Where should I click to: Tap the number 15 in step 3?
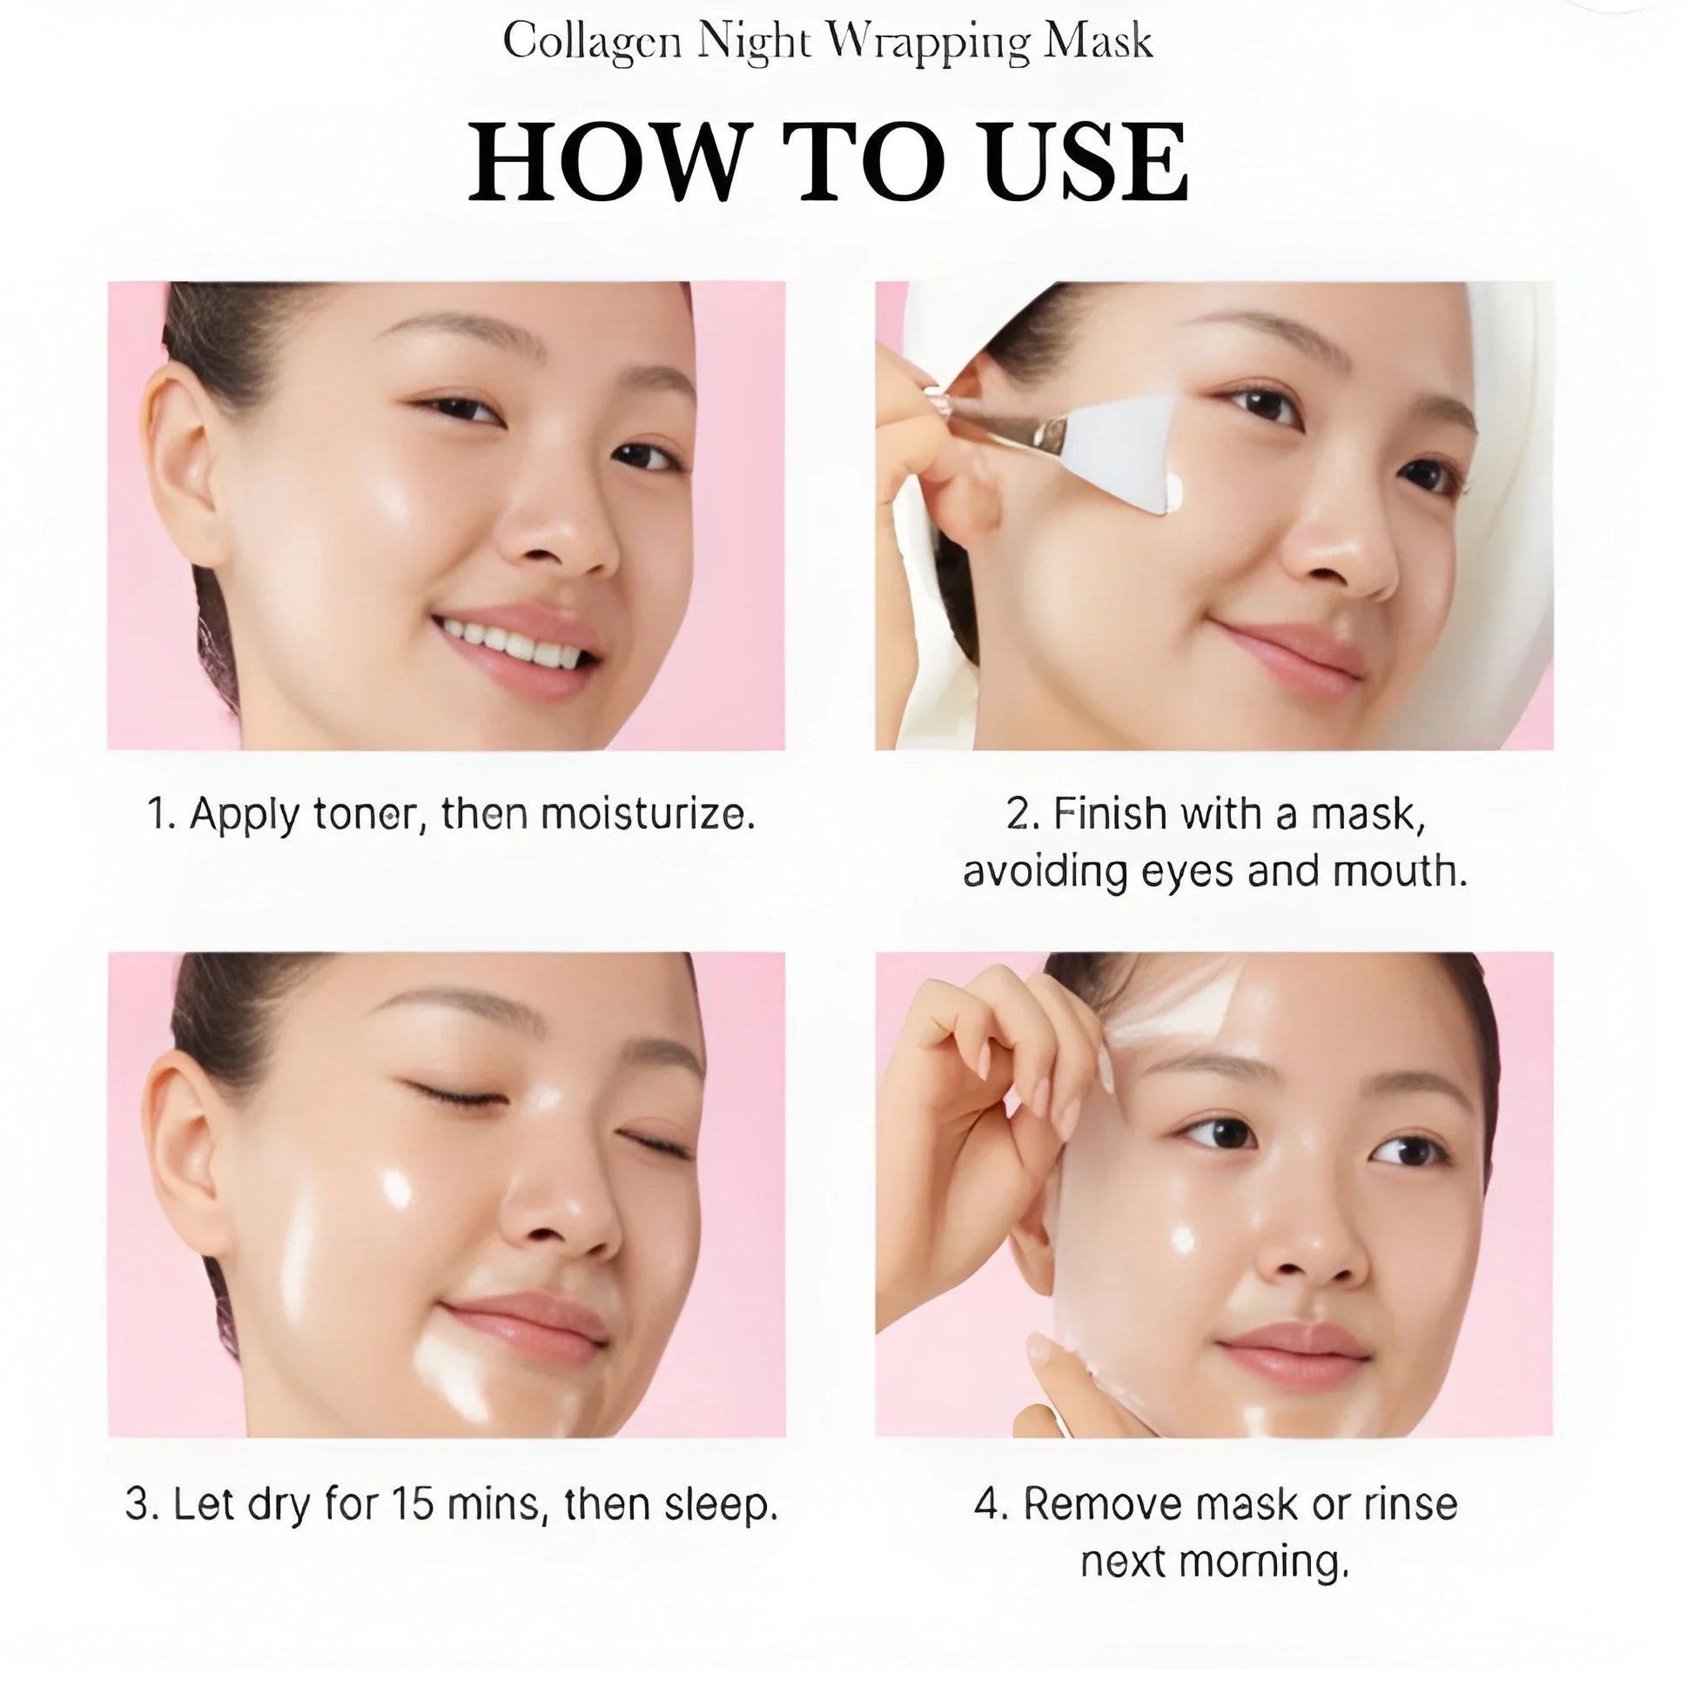click(x=413, y=1503)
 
